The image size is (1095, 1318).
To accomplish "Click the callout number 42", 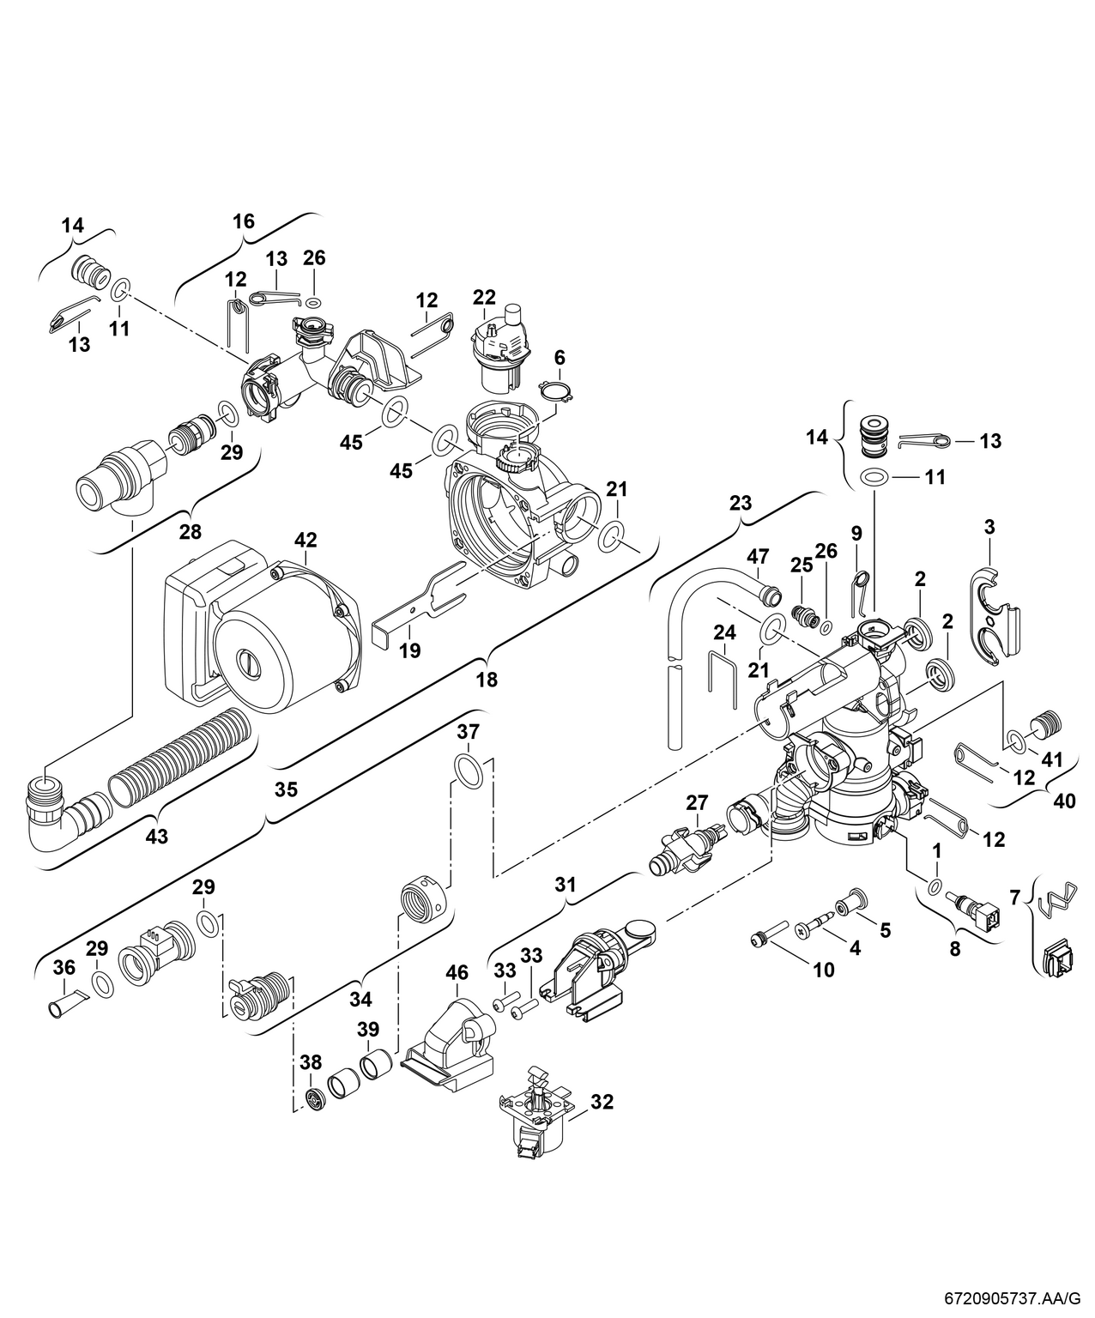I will [306, 540].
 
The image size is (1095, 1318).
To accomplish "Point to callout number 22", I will [484, 297].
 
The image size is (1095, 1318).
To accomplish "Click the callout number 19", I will [410, 651].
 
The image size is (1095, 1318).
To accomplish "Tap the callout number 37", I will [468, 732].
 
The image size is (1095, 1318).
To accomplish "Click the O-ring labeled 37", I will [469, 769].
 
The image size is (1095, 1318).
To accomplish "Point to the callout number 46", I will [457, 972].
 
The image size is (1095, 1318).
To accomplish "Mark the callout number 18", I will [487, 680].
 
